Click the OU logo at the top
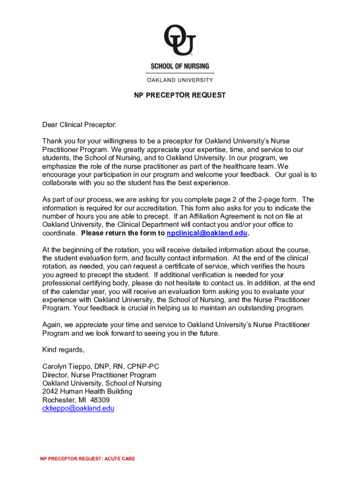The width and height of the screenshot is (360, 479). click(180, 41)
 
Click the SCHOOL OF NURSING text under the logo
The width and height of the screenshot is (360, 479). click(180, 66)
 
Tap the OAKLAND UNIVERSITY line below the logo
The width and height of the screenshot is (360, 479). click(180, 80)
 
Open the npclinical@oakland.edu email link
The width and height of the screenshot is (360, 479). click(207, 233)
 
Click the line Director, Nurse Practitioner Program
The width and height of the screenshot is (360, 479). click(99, 375)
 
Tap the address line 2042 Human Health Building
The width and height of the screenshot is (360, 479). click(87, 392)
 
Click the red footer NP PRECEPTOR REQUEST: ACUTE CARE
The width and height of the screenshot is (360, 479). click(87, 459)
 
